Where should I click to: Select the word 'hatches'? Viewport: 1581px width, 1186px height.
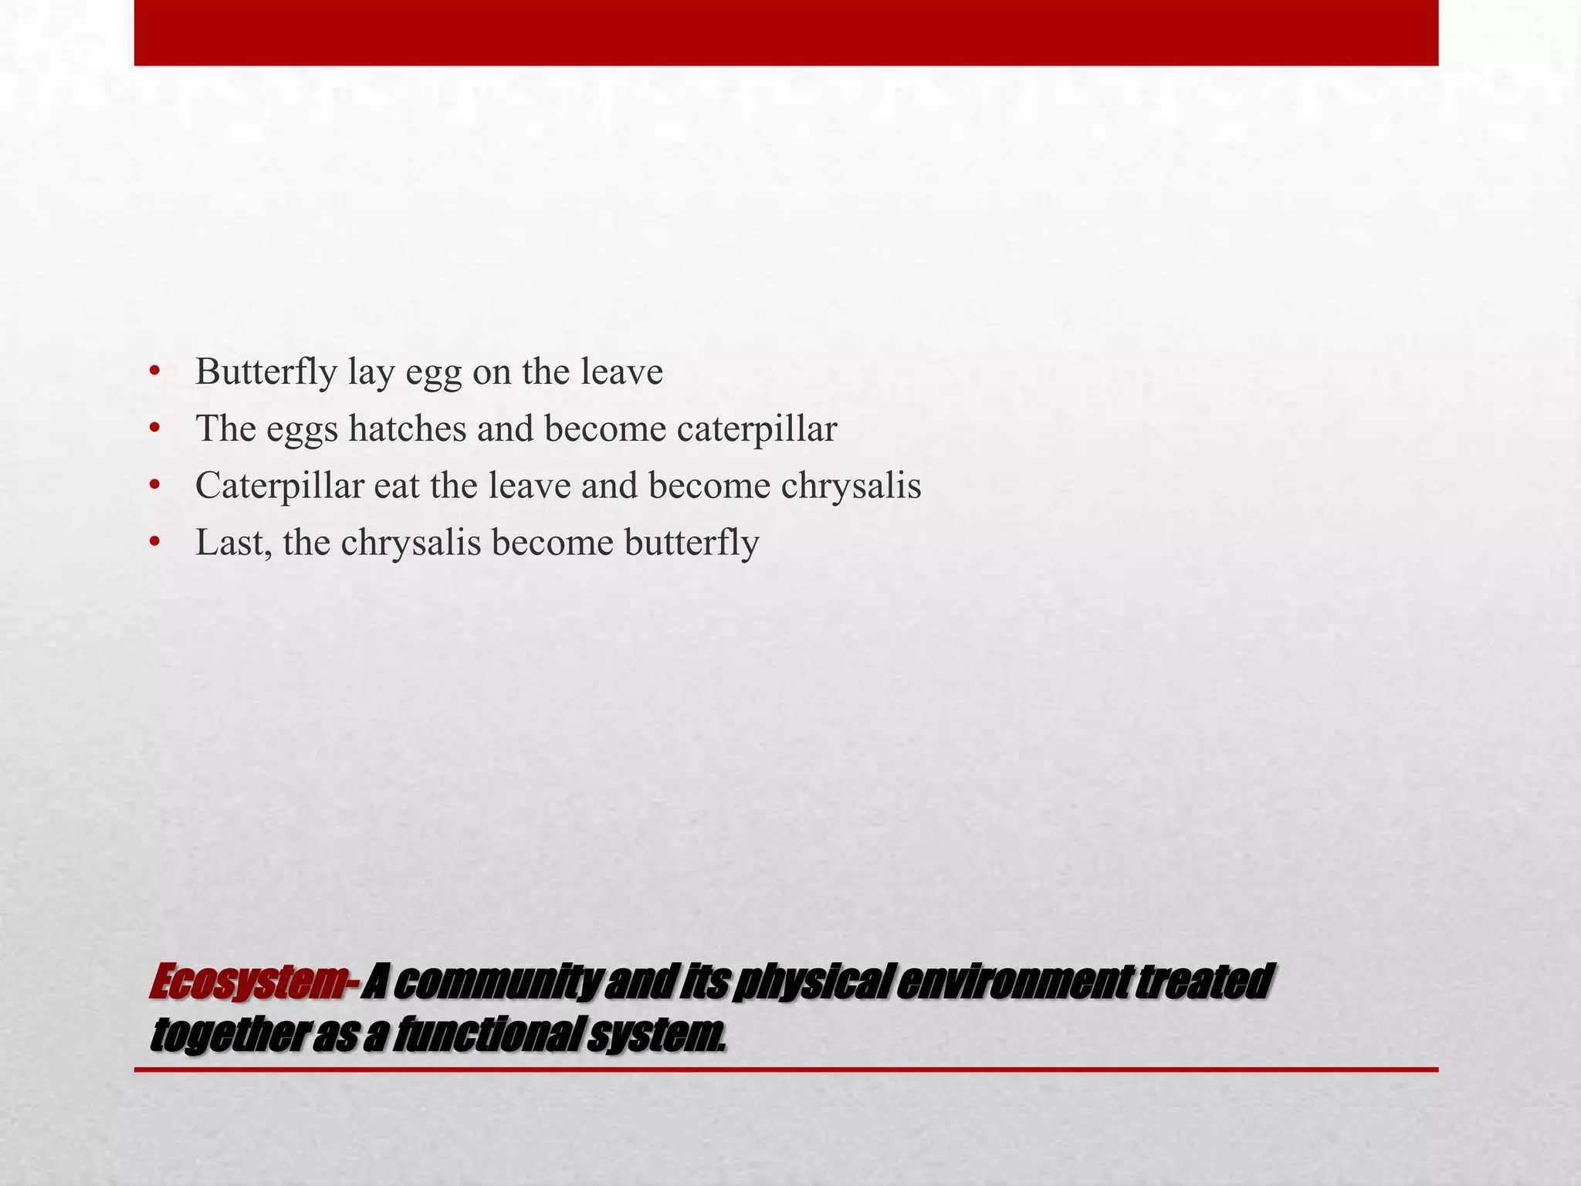pos(408,429)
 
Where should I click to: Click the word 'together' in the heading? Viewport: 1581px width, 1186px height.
pos(229,1035)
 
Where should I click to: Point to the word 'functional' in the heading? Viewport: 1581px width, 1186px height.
pos(486,1035)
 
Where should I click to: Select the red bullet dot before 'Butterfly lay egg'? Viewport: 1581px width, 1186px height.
pos(155,372)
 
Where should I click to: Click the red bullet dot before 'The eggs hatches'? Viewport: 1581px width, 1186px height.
pos(155,429)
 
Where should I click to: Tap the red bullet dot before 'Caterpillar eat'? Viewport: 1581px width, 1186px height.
pos(155,486)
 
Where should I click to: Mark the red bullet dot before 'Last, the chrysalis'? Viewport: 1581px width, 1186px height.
pos(155,544)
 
